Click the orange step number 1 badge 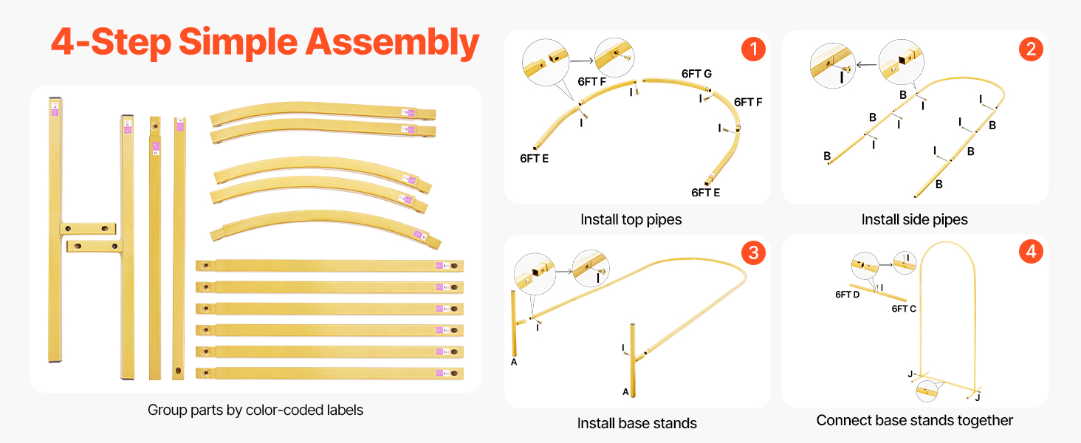(752, 49)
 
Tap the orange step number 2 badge (1030, 49)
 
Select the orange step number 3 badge (752, 253)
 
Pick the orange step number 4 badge (1030, 253)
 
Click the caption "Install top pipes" (631, 219)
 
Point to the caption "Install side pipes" (914, 219)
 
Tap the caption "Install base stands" (636, 423)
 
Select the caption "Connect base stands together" (914, 420)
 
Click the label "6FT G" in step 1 (696, 74)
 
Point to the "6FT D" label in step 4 (847, 295)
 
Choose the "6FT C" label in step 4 (904, 309)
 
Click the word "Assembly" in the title (392, 42)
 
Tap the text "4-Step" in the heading (111, 42)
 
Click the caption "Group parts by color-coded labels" (255, 410)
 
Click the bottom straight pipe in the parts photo (329, 374)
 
